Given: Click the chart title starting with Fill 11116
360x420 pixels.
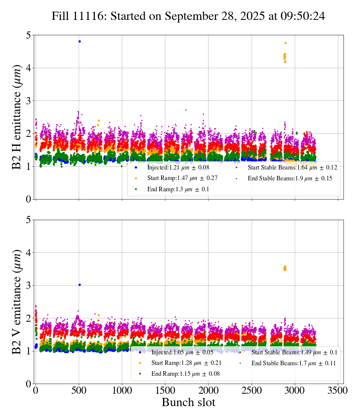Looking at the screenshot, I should pos(188,16).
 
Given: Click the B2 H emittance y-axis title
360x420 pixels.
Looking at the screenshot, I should pos(17,117).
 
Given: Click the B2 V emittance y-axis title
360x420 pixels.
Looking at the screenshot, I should pos(17,301).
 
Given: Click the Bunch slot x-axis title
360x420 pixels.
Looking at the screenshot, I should pos(188,403).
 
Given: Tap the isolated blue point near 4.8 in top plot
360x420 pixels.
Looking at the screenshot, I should pos(79,41).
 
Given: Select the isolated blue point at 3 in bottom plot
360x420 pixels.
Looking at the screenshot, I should pos(79,285).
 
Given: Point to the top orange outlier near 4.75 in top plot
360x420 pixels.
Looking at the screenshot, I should pos(285,43).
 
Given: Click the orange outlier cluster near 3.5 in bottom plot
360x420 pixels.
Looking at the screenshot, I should pos(285,268).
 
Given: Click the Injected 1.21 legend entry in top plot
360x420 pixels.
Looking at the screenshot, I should pos(178,167).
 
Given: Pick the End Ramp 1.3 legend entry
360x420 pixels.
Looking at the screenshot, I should pos(178,189).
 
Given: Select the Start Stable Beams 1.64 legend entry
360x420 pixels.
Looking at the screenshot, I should pos(292,167).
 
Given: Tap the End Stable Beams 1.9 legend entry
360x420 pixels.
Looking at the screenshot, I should pos(290,178).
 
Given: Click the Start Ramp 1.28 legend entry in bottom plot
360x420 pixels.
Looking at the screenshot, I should pos(186,363).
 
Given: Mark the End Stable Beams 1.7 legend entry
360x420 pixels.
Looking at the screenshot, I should pos(293,363).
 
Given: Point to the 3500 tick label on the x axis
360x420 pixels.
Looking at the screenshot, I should pos(338,390).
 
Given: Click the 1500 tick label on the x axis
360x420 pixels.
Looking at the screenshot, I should pos(165,390).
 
